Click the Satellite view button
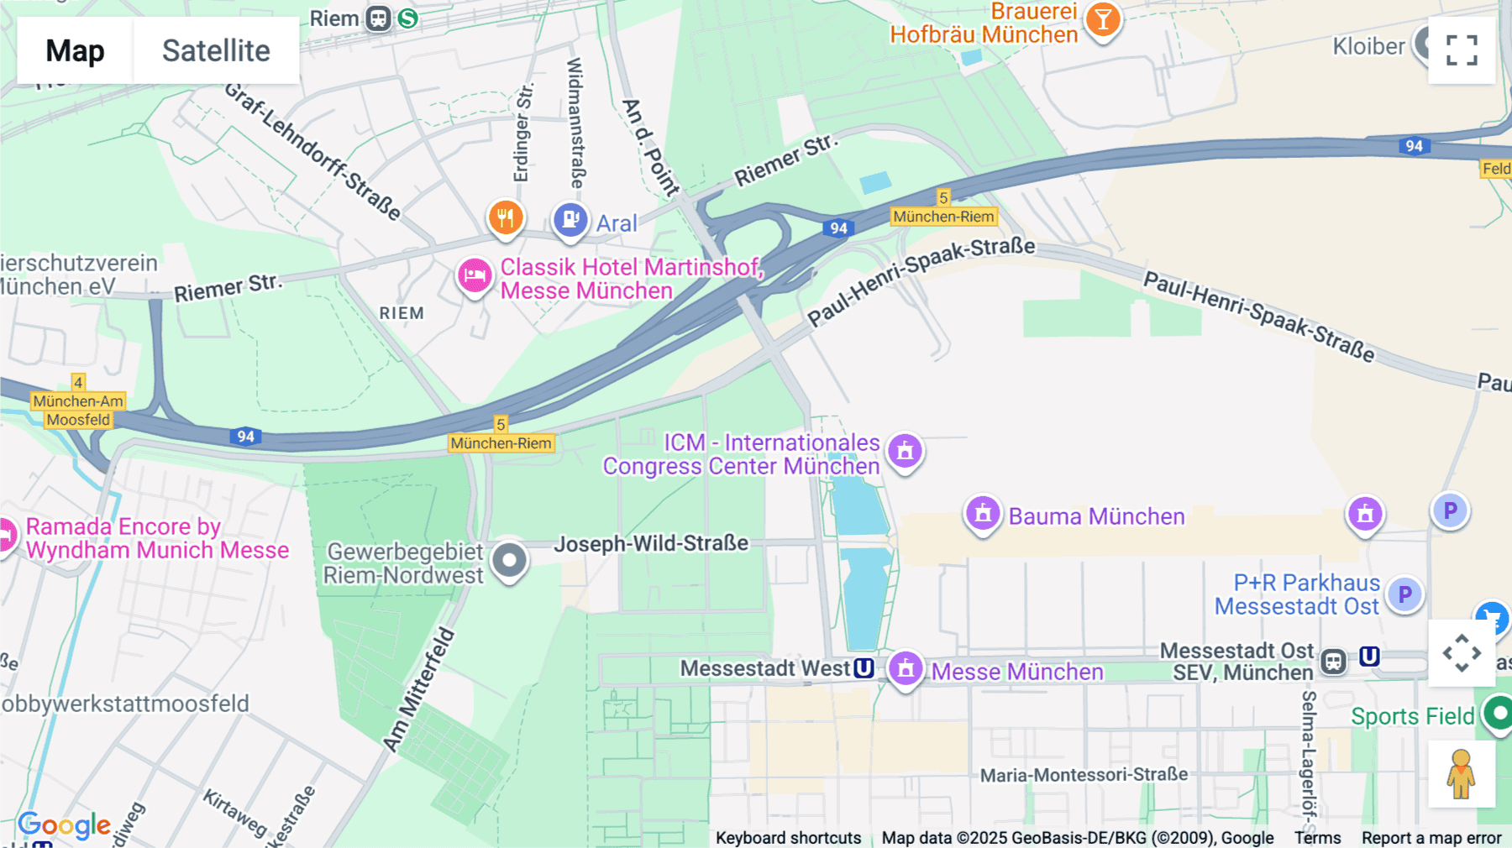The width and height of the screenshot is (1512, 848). click(x=216, y=50)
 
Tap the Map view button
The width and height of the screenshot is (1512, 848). click(x=75, y=50)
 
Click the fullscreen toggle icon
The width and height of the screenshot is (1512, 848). click(x=1462, y=50)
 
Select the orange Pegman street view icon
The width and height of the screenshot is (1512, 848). click(x=1461, y=774)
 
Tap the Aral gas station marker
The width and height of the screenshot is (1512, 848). click(x=570, y=220)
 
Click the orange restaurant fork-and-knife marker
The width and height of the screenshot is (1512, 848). click(x=506, y=218)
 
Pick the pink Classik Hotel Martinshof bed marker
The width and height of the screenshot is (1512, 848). click(x=475, y=275)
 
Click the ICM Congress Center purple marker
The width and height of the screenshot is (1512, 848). click(x=905, y=451)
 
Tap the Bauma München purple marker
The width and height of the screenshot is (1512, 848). click(x=983, y=512)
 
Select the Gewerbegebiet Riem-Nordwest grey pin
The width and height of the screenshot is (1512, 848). click(x=509, y=560)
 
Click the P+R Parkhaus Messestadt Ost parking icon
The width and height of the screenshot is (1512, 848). click(x=1404, y=594)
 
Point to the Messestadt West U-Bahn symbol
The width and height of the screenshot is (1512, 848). click(x=864, y=668)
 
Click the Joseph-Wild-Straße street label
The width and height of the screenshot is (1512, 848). click(x=651, y=543)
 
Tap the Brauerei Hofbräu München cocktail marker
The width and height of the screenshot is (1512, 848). click(x=1103, y=19)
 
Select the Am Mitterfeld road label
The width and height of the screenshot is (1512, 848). click(x=419, y=688)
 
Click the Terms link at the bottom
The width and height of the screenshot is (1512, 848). click(x=1317, y=837)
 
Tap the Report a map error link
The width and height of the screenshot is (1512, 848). click(x=1431, y=837)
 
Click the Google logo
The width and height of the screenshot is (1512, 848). click(x=64, y=825)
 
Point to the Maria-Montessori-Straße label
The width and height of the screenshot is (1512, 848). click(x=1084, y=774)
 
